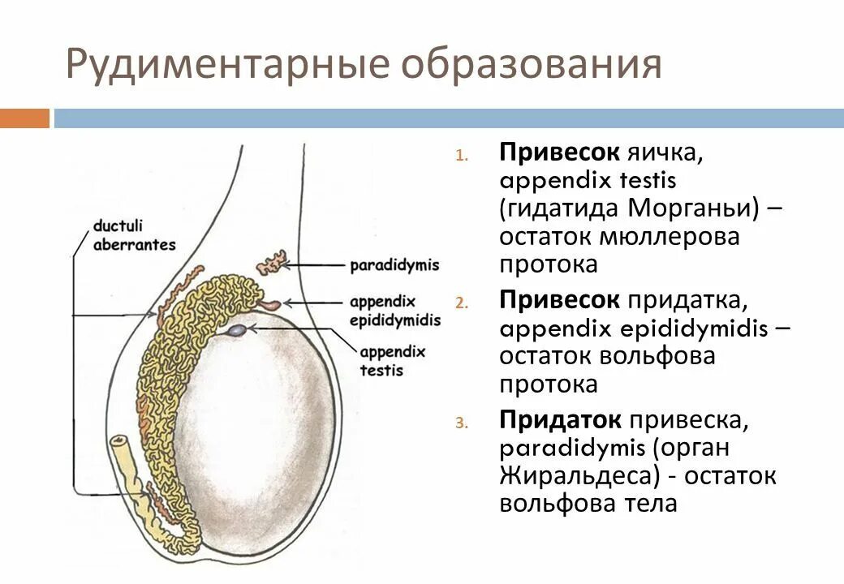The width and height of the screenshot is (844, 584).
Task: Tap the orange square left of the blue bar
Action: (24, 118)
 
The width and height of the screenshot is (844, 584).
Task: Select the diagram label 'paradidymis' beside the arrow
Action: (394, 265)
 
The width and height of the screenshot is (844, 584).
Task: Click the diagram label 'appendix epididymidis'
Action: (394, 311)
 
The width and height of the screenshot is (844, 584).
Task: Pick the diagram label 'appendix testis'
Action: (391, 361)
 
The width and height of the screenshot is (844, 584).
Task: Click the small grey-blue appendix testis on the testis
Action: (238, 330)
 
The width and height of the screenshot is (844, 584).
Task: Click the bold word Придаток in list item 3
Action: (561, 420)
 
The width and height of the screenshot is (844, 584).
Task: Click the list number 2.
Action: (462, 303)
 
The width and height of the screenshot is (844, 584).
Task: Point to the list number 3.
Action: (462, 423)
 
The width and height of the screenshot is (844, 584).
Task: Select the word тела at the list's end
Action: (647, 503)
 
